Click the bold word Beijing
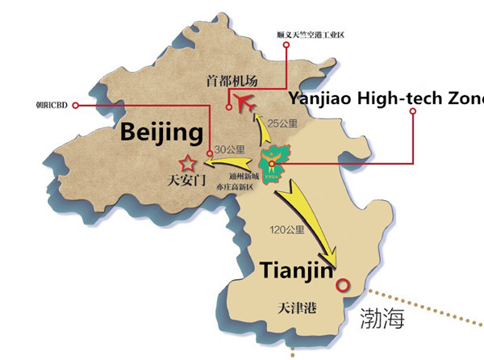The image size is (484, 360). click(161, 132)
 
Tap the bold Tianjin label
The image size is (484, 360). click(296, 270)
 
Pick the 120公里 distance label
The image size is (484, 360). click(288, 231)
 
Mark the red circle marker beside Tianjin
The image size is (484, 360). click(343, 285)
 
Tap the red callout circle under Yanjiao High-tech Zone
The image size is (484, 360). click(412, 111)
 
